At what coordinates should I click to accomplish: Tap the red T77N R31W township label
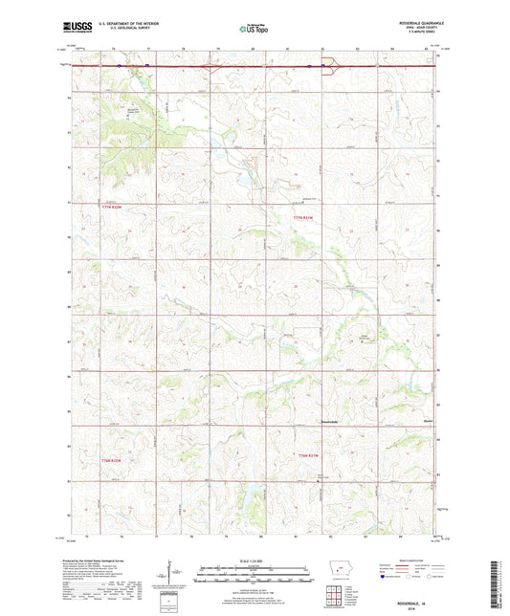click(x=304, y=217)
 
